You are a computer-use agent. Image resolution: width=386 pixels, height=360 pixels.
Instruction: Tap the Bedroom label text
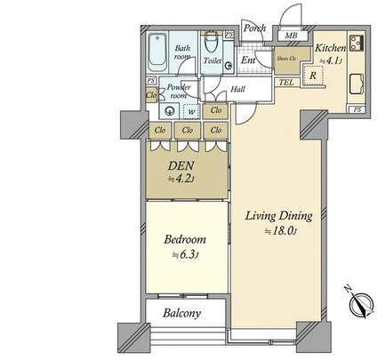(x=186, y=239)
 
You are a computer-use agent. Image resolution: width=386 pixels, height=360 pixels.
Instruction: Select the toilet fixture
(x=213, y=44)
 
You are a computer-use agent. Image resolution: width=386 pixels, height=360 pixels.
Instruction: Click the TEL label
(x=286, y=82)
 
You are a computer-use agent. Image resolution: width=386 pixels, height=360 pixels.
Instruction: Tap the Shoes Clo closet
(x=285, y=59)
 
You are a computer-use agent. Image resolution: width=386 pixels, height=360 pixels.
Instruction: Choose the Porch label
(x=256, y=27)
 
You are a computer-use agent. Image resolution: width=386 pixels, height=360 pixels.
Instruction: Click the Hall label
(x=238, y=89)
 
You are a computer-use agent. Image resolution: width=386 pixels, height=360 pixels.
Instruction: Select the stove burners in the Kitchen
(x=358, y=43)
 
